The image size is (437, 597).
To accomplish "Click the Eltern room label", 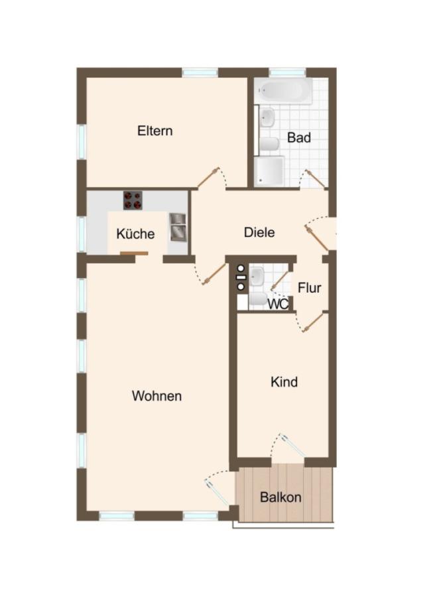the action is [x=155, y=131].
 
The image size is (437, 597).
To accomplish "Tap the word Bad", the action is [x=299, y=137].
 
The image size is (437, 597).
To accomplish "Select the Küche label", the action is [x=135, y=233].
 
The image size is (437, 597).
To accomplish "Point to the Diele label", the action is [x=259, y=232].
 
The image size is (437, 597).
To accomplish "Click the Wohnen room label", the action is [x=157, y=396].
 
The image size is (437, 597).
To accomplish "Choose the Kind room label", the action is [x=284, y=382].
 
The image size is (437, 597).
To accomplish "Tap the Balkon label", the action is [x=281, y=497].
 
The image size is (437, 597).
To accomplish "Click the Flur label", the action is [x=310, y=288].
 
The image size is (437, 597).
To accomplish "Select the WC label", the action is [x=279, y=304].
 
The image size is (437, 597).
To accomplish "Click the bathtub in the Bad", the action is [x=284, y=91].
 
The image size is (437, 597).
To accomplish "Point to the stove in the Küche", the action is [x=133, y=200].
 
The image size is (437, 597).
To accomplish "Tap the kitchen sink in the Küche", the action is [x=178, y=228].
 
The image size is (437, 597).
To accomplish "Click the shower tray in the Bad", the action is [x=269, y=171].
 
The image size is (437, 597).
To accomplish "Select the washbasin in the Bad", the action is [x=267, y=117].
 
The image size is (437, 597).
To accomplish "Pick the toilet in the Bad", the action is [x=269, y=144].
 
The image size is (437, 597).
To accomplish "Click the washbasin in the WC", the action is [x=257, y=276].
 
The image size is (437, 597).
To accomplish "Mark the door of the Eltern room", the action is [x=209, y=177].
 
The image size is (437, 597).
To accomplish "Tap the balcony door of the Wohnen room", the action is [x=218, y=491].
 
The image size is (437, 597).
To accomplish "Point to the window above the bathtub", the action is [x=287, y=72].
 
